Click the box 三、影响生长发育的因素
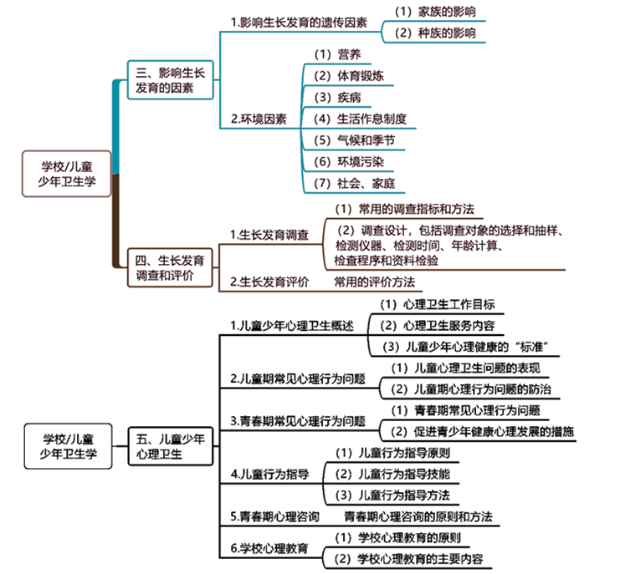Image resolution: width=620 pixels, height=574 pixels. (167, 81)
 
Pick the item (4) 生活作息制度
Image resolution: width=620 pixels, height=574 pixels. (360, 119)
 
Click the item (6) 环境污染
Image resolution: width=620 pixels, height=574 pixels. (349, 162)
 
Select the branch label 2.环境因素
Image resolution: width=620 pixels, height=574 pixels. (259, 119)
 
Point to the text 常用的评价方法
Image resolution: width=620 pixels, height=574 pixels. (374, 282)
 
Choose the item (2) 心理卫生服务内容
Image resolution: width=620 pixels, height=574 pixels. (442, 325)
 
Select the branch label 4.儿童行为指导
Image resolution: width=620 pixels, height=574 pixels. (269, 475)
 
